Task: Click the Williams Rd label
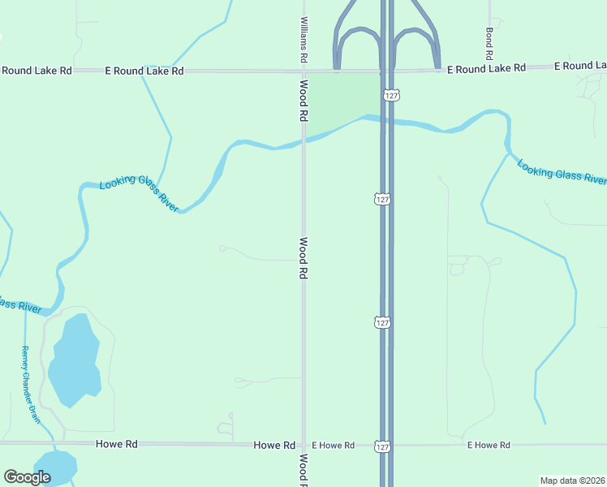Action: [304, 40]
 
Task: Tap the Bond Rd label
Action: [489, 45]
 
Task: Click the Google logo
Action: [27, 477]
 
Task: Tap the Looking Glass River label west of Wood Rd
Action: [139, 196]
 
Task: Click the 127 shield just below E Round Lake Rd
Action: [391, 95]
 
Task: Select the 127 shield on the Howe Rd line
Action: [382, 446]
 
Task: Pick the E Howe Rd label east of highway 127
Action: [489, 445]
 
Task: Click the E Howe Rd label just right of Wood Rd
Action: [334, 445]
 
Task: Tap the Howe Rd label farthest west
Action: [116, 444]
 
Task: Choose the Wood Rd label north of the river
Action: [304, 100]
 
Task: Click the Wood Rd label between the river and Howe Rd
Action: [304, 258]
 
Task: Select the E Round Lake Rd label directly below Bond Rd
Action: [486, 69]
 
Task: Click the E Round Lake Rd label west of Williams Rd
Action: [144, 71]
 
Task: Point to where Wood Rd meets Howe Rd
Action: [304, 445]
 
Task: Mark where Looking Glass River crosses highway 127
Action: [386, 121]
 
